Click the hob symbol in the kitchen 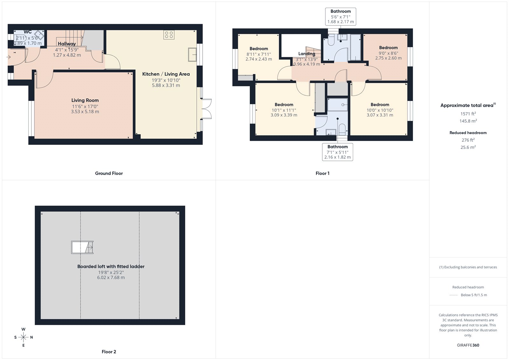(169, 35)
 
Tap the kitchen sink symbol (192, 54)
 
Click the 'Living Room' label (85, 100)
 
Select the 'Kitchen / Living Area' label (166, 74)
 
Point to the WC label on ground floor (28, 32)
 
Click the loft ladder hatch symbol (82, 247)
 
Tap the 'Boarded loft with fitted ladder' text (111, 266)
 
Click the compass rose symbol (23, 337)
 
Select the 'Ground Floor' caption (109, 173)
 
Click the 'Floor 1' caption (322, 173)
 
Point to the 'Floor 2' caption (109, 352)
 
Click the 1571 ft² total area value (468, 114)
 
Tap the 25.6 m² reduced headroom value (468, 147)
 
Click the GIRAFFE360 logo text (468, 345)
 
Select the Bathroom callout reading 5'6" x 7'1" (340, 17)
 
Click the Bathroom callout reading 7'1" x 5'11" (338, 152)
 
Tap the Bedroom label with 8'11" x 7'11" (259, 49)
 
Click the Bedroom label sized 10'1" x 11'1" (284, 105)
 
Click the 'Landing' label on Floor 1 (307, 54)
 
